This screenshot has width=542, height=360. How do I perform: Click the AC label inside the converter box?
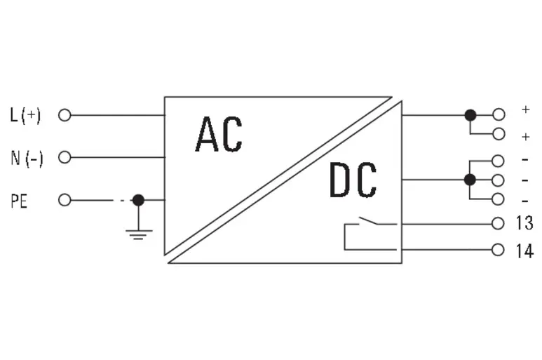point(219,134)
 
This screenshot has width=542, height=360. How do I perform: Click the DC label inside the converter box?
point(353,180)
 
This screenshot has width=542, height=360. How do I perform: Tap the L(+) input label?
point(25,115)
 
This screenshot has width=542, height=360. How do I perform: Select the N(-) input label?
point(27,159)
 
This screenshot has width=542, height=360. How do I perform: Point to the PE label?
point(19,201)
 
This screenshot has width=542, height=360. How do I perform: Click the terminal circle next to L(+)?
point(65,115)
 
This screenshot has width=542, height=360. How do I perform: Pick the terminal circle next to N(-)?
point(65,157)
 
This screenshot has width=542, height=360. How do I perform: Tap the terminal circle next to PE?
point(65,200)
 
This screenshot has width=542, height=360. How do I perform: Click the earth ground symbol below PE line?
point(139,235)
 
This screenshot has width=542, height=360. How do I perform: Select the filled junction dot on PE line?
point(138,200)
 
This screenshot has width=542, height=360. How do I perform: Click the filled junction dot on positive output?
point(470,115)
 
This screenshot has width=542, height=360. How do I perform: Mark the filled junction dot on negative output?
point(470,180)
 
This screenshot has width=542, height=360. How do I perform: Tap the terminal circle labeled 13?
point(498,224)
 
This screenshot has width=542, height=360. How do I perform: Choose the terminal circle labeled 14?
point(498,250)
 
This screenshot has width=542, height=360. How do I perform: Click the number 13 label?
point(524,222)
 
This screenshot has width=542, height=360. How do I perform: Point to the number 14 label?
point(524,251)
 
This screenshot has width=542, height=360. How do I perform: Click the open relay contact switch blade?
point(369,220)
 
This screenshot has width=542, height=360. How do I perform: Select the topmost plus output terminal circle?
point(499,114)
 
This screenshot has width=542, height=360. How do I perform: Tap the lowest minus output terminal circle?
point(498,199)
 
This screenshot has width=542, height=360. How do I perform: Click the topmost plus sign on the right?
point(525,109)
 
